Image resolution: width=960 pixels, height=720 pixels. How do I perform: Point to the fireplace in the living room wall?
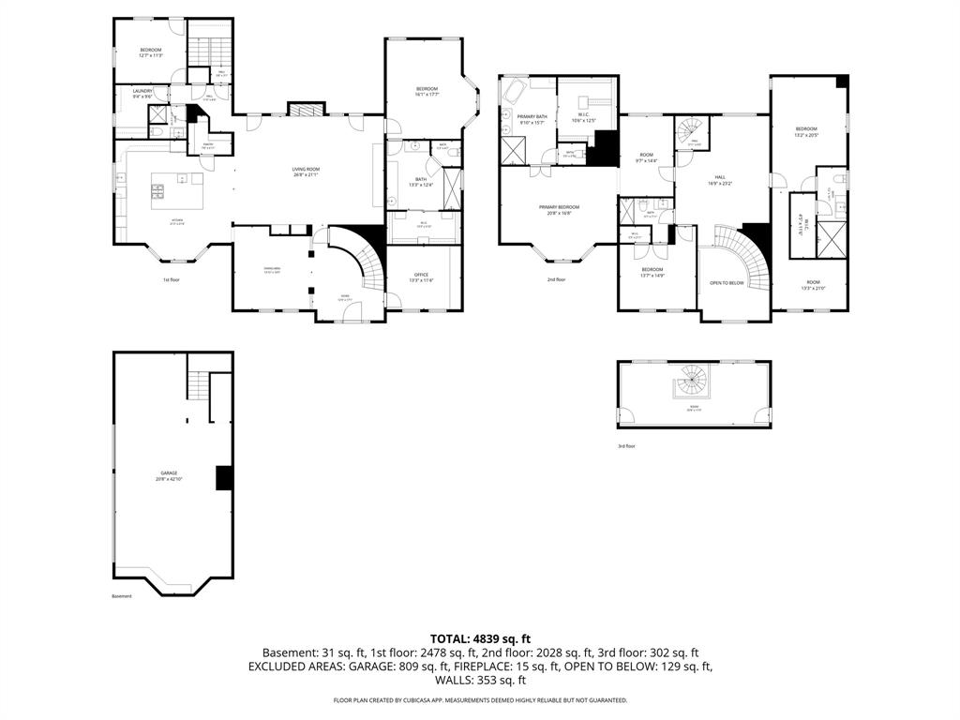click(304, 111)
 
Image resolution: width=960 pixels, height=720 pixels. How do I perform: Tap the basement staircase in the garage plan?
click(197, 384)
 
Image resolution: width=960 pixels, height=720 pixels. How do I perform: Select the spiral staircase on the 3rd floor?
click(693, 382)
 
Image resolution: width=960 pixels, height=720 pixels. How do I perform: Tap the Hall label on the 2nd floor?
click(720, 179)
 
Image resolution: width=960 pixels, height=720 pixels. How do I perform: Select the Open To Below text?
click(727, 282)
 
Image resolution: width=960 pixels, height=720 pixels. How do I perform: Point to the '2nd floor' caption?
click(557, 279)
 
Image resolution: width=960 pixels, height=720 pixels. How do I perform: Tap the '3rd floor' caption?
click(625, 446)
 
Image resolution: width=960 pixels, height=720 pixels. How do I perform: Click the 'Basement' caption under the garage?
click(122, 596)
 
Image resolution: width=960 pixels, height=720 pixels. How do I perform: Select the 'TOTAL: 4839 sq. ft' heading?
click(479, 638)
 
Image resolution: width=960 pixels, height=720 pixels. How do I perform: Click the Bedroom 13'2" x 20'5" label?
click(806, 131)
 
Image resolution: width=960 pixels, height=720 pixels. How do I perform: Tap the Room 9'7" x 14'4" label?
click(647, 157)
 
